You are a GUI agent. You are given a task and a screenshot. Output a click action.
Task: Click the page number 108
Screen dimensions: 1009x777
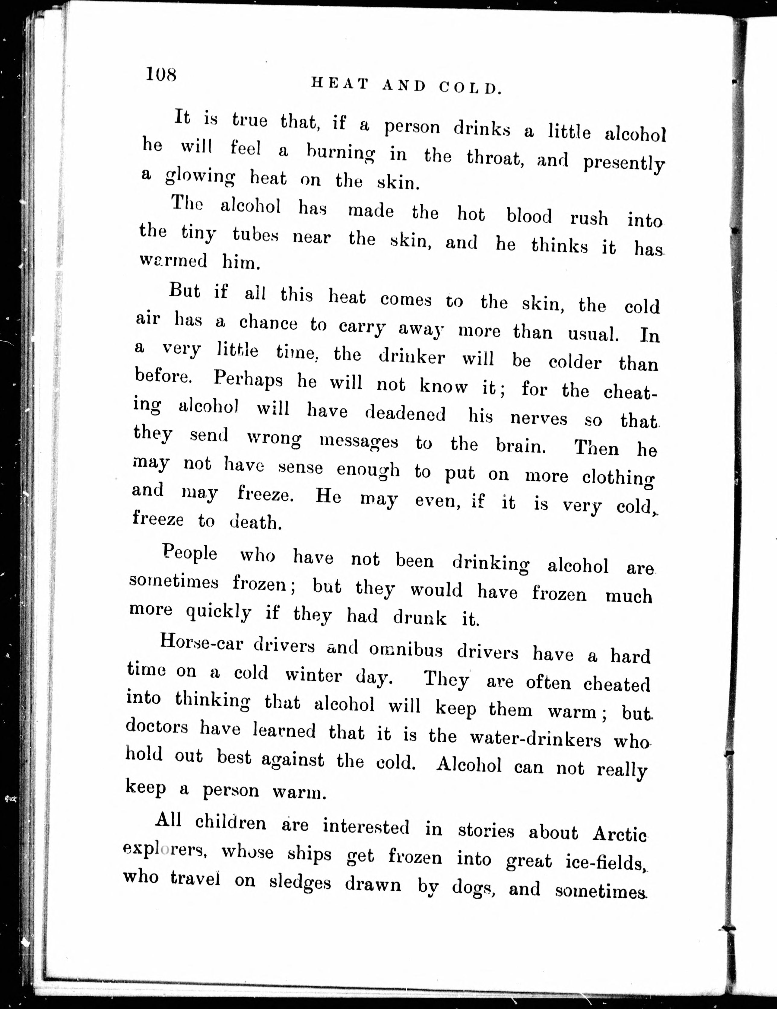(x=161, y=74)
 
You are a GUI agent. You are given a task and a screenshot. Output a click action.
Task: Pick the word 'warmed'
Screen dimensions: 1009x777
(x=174, y=261)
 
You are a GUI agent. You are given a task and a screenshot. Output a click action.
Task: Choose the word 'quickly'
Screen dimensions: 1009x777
(x=218, y=613)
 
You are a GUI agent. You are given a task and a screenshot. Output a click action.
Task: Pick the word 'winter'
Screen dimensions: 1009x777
(x=313, y=676)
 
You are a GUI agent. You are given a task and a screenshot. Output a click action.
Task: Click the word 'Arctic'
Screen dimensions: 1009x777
(x=620, y=833)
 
